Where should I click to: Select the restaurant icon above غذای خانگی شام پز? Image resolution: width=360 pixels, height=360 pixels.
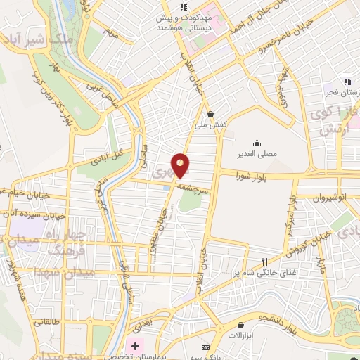click(264, 262)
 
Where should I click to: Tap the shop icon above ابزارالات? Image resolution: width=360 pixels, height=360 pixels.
click(241, 326)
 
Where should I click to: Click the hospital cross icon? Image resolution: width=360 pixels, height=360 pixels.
click(135, 347)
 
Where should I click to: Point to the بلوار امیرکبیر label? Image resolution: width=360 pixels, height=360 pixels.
click(288, 217)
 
